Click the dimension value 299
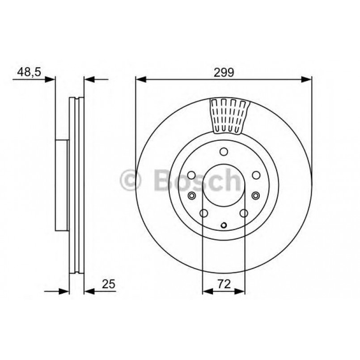point(224,72)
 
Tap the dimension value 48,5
point(29,72)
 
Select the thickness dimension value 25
point(108,284)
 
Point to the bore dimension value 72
point(224,284)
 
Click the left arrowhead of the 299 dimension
point(141,80)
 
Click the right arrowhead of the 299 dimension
point(306,80)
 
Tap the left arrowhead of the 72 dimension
point(208,292)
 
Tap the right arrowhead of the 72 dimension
point(240,292)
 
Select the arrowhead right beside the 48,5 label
point(50,80)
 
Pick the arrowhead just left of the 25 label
point(89,292)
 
